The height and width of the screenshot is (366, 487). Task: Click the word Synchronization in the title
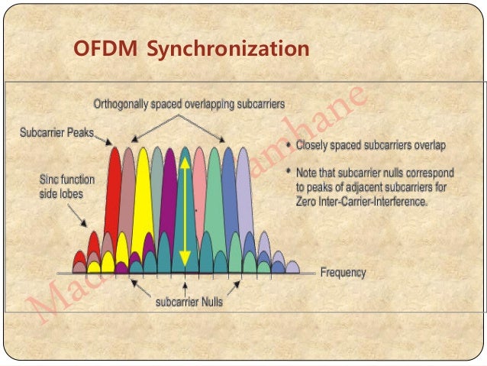(227, 50)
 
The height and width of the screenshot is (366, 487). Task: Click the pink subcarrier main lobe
(199, 191)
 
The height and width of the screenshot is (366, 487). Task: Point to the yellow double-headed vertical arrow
(184, 207)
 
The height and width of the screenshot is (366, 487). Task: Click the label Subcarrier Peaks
(56, 133)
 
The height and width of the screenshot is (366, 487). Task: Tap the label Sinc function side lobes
(66, 187)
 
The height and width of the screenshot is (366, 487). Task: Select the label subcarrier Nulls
(189, 303)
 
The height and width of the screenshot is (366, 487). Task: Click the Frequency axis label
(343, 273)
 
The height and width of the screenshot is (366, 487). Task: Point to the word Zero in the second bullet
(308, 203)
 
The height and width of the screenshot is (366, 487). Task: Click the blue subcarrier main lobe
(228, 191)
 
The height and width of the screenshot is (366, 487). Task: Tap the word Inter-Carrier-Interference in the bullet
(374, 203)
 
